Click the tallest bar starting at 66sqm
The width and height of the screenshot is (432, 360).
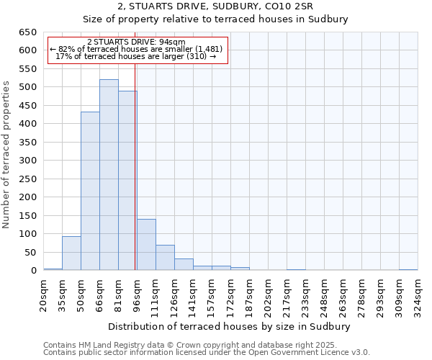pos(109,175)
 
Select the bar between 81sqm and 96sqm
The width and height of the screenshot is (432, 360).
pos(127,181)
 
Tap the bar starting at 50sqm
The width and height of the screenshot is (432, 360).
pos(90,191)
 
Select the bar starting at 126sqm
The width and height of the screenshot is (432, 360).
pos(184,264)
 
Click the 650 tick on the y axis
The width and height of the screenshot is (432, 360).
pos(27,32)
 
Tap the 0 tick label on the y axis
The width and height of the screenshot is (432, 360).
pos(33,271)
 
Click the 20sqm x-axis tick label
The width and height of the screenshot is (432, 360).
pos(43,294)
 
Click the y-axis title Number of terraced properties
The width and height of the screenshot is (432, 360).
pos(6,155)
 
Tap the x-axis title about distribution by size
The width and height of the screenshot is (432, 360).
pos(229,326)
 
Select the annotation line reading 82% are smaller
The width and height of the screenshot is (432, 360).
pos(136,49)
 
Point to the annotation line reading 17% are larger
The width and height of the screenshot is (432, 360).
pos(136,57)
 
